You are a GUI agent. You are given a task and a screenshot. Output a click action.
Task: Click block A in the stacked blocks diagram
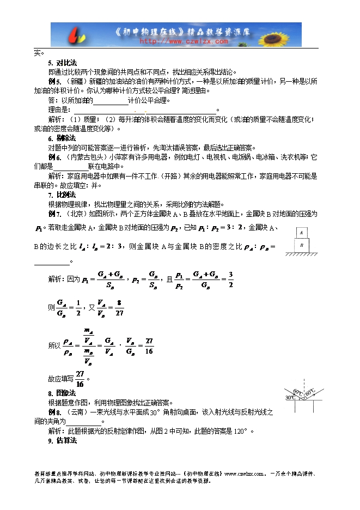point(301,232)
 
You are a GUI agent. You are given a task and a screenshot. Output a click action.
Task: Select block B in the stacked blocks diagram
point(301,245)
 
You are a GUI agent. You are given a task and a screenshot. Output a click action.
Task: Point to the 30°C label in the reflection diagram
point(290,398)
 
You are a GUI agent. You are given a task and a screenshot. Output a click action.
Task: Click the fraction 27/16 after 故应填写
point(80,377)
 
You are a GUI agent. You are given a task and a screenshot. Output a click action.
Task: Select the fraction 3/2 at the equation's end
point(231,279)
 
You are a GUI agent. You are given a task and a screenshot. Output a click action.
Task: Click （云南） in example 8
point(75,412)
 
